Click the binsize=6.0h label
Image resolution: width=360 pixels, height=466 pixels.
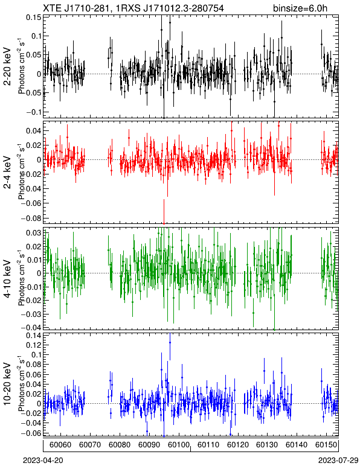point(300,8)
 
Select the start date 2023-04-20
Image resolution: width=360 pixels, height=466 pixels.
point(43,461)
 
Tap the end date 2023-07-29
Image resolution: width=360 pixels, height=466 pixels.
point(338,461)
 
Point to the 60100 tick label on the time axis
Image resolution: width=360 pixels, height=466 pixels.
point(178,445)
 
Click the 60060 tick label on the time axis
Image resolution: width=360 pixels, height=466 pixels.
point(60,445)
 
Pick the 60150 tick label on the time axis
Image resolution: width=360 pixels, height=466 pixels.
point(326,445)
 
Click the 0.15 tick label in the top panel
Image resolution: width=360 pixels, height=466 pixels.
point(33,18)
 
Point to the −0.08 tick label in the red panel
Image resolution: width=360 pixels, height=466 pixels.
point(31,218)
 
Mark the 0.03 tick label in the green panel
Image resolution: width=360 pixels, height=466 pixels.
point(33,232)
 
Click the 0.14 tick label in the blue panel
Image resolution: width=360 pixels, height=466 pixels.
point(33,336)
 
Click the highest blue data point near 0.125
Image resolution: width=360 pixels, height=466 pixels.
point(170,342)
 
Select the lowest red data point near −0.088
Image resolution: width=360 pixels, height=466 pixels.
point(164,223)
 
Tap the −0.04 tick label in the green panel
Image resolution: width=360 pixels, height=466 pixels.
point(31,327)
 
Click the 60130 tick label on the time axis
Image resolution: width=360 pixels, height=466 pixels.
point(267,445)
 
